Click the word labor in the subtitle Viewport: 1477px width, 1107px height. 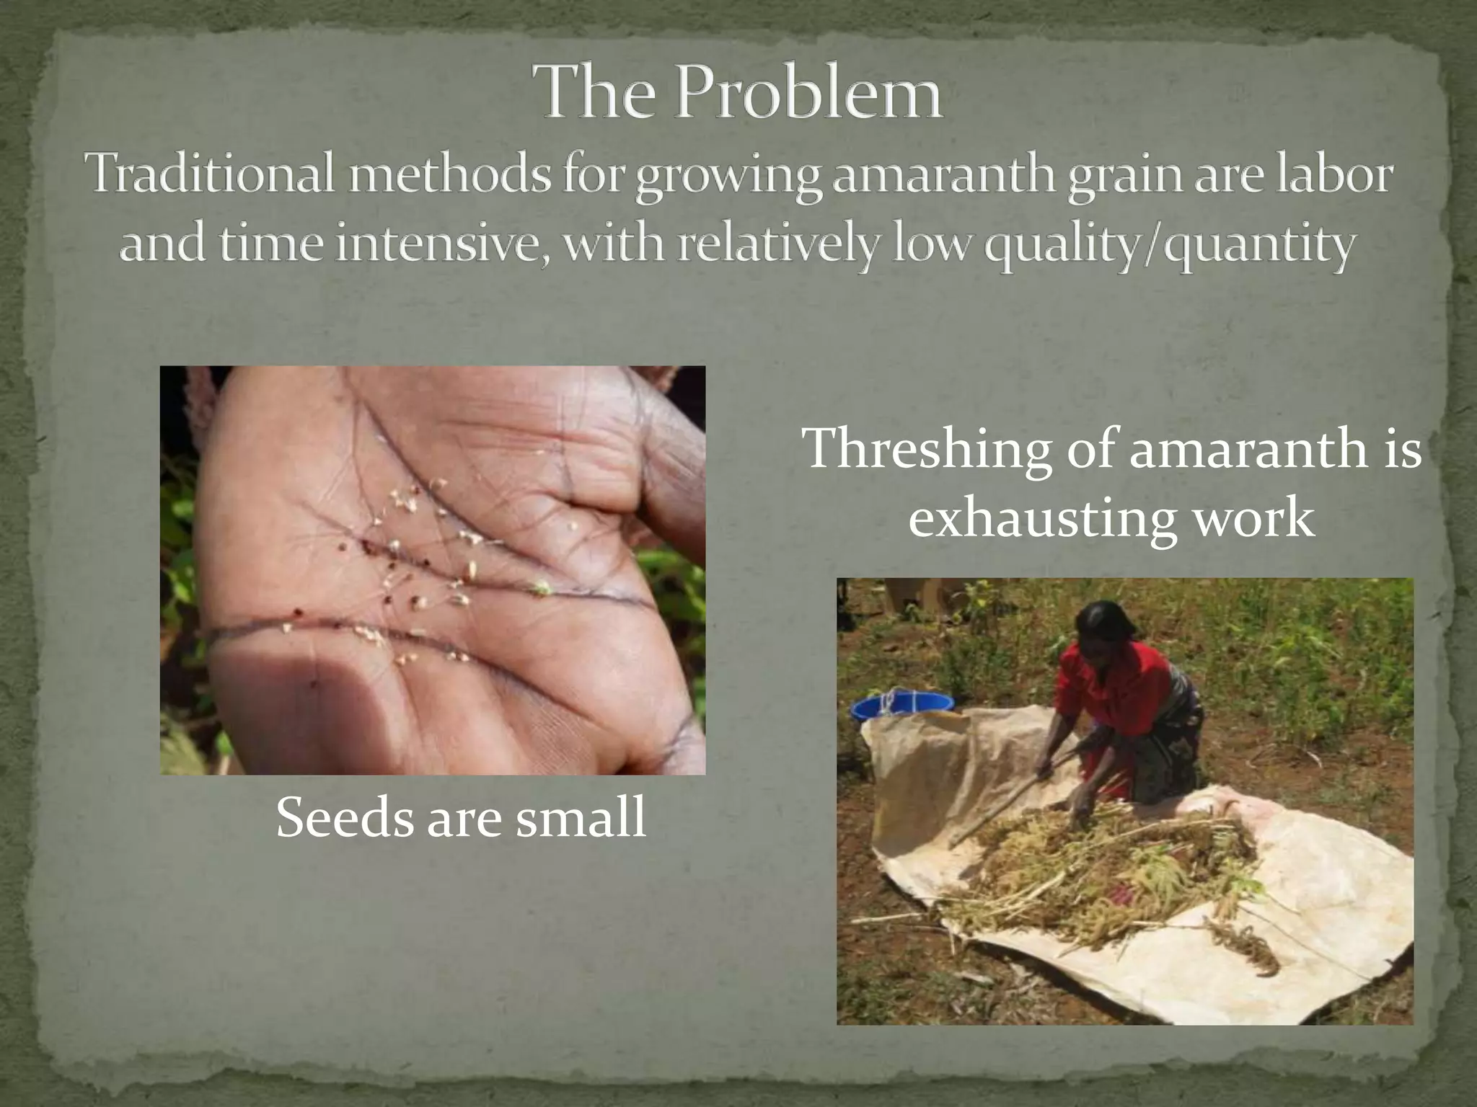pyautogui.click(x=1333, y=175)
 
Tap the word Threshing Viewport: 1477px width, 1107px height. pyautogui.click(x=927, y=450)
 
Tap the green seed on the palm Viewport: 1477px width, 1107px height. pyautogui.click(x=539, y=590)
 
